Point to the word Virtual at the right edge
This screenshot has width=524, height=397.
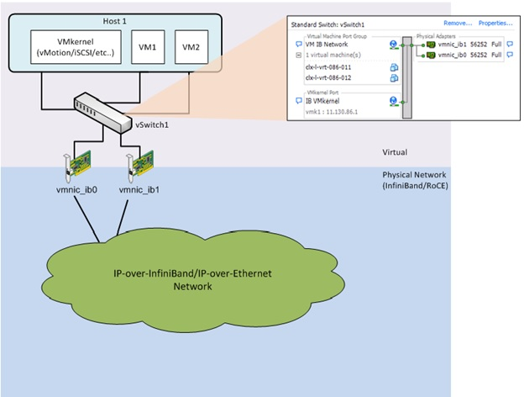[395, 152]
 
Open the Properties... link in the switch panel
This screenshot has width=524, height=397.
[495, 24]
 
